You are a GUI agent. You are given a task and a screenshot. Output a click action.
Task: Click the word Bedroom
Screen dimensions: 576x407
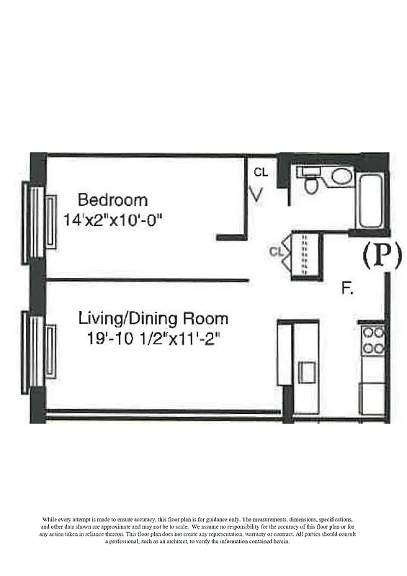coord(112,200)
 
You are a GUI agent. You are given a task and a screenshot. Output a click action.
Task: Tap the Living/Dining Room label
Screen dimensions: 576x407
coord(153,318)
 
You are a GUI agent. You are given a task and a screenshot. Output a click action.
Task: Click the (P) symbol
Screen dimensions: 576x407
coord(381,255)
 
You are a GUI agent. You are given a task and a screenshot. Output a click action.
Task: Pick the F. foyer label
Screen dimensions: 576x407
coord(347,289)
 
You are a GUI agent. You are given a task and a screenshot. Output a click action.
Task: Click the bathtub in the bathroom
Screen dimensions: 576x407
coord(372,198)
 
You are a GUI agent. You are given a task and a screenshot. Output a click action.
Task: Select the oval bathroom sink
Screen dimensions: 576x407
coord(341,176)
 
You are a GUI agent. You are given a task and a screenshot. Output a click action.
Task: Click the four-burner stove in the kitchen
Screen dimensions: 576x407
coord(373,340)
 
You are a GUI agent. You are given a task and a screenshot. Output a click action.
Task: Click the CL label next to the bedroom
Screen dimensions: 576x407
coord(261,173)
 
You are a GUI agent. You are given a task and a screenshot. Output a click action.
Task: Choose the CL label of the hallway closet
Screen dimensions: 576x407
coord(275,251)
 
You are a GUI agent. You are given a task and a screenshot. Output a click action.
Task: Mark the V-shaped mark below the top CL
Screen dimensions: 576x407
coord(256,194)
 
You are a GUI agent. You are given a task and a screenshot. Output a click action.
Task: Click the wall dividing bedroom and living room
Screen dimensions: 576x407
coord(147,280)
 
